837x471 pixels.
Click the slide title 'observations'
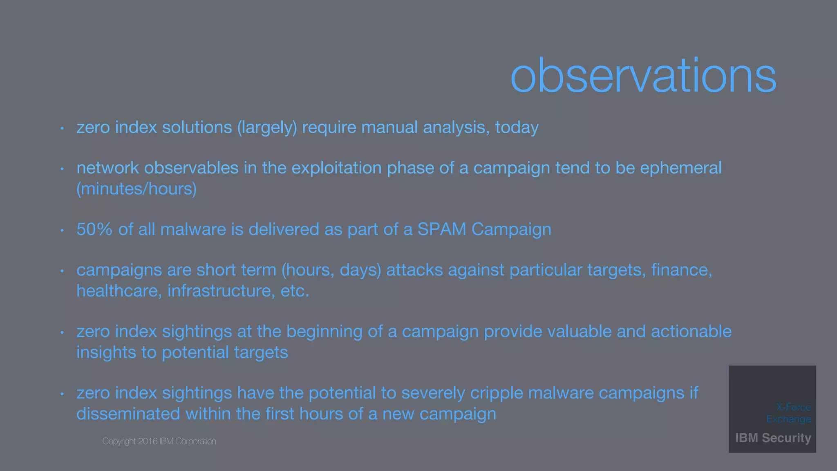tap(643, 76)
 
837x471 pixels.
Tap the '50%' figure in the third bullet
tap(94, 229)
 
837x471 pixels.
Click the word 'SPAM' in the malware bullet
tap(441, 229)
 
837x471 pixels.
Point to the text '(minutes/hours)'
tap(137, 189)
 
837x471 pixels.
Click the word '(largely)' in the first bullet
tap(267, 128)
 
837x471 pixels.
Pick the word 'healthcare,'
tap(119, 291)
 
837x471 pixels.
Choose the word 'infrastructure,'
tap(221, 291)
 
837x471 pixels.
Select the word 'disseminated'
tap(128, 414)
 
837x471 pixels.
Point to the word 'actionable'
tap(691, 332)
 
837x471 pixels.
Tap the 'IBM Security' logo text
tap(773, 438)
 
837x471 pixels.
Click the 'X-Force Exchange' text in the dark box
tap(789, 413)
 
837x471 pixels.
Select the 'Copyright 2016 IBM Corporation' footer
tap(159, 442)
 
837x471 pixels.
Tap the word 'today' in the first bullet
tap(517, 128)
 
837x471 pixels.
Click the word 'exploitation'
tap(336, 168)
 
